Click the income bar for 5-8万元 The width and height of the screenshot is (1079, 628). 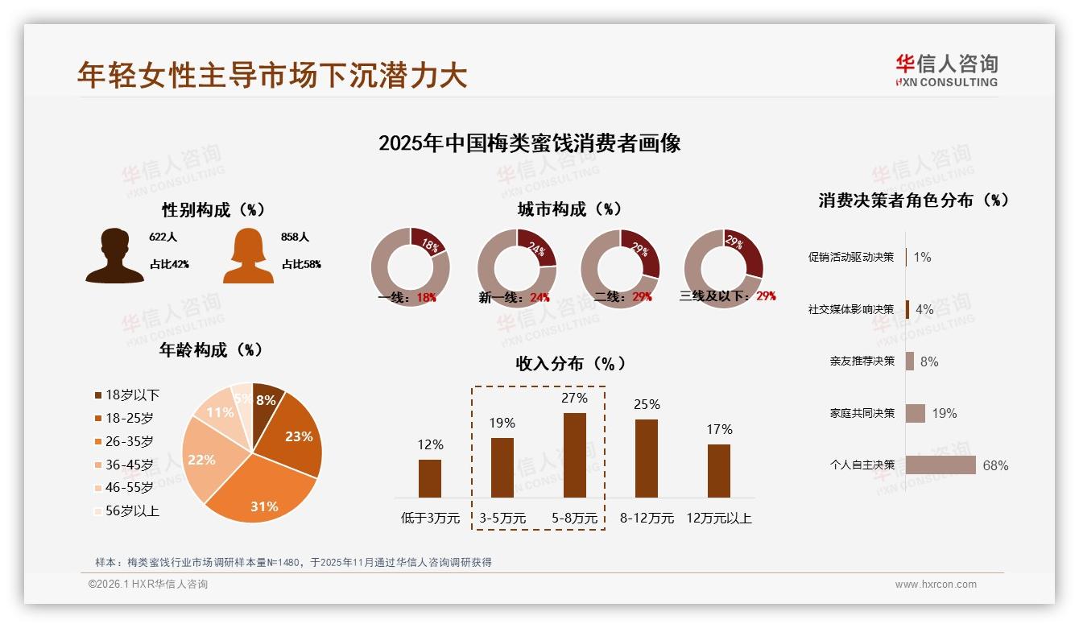[x=575, y=455]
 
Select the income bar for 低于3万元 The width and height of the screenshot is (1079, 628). [x=430, y=478]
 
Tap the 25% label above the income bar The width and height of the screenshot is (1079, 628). [x=647, y=404]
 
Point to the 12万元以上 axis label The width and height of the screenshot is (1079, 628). [x=719, y=519]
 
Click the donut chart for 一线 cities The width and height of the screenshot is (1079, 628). [x=410, y=266]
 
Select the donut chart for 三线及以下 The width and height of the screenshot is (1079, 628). [x=723, y=266]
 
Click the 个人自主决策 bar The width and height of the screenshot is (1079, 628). [x=941, y=465]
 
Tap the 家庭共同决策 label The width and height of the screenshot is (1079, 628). [x=862, y=413]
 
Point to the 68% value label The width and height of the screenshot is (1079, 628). [x=995, y=465]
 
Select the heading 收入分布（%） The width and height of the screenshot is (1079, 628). [x=571, y=363]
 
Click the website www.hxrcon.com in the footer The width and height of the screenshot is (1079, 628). [x=936, y=585]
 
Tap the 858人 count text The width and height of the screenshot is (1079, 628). [x=296, y=238]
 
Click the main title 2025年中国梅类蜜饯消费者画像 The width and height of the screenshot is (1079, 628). [x=530, y=143]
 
